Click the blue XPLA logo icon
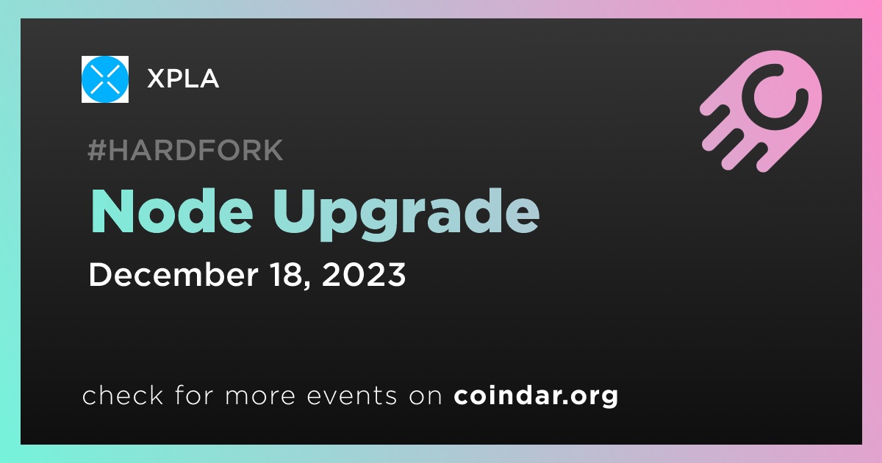(104, 79)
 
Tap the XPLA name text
(183, 79)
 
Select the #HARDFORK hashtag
(185, 150)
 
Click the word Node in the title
(172, 212)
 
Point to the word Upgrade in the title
(406, 215)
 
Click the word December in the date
(173, 274)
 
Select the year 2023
(363, 274)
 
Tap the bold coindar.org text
(536, 396)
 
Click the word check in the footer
(123, 395)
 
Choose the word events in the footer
(351, 396)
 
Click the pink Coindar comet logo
(761, 111)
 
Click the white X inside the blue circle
(104, 79)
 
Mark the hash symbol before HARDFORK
(96, 151)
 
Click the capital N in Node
(112, 212)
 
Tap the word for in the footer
(194, 395)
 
